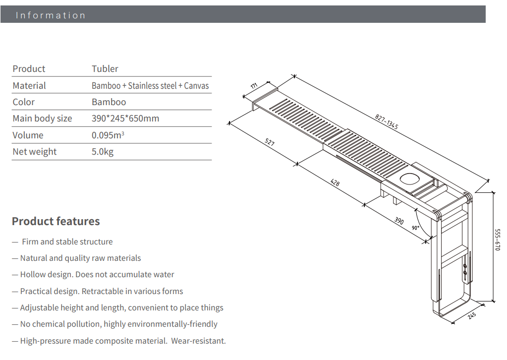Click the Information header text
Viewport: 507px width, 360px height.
(51, 15)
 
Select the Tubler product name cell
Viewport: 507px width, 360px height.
(105, 69)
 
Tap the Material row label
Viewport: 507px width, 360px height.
(29, 86)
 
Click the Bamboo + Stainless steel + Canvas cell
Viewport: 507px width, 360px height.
(150, 86)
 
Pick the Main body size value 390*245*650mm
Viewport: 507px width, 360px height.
(125, 119)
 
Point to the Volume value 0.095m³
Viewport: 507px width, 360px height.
(108, 135)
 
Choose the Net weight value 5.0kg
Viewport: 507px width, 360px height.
(103, 152)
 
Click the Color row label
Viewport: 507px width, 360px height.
(24, 102)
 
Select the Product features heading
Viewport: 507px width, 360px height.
(56, 221)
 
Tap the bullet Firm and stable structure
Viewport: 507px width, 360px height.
(67, 242)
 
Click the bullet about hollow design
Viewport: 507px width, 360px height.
(97, 275)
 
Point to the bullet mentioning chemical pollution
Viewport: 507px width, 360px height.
(118, 324)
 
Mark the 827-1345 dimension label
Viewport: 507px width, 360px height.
(387, 122)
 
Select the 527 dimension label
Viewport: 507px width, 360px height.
(269, 143)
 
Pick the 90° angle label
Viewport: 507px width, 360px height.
(415, 228)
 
